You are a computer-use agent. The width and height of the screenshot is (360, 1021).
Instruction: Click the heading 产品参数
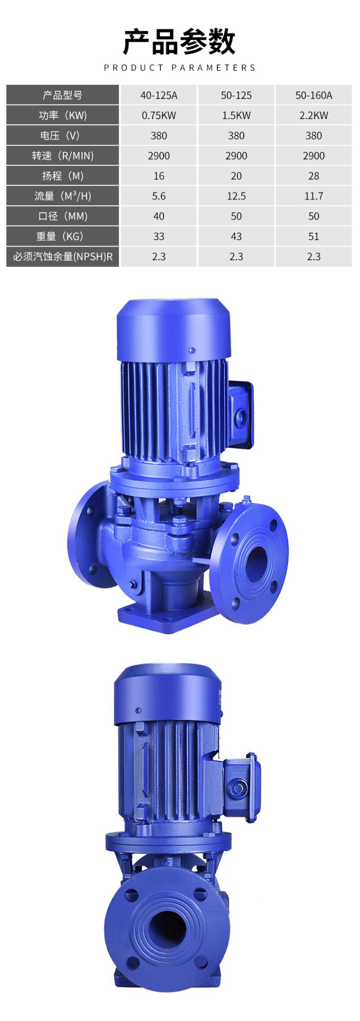click(180, 41)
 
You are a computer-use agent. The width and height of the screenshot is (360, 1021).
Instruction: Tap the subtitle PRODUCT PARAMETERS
click(180, 68)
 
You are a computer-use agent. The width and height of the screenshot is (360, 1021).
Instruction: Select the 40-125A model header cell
click(159, 95)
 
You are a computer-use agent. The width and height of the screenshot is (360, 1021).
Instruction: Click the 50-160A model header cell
click(314, 95)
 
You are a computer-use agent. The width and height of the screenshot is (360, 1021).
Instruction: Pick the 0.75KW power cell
click(159, 116)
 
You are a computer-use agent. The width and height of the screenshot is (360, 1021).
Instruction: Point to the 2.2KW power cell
click(314, 116)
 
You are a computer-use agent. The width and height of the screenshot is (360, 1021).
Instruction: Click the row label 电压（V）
click(60, 136)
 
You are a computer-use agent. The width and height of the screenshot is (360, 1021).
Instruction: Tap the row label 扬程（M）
click(63, 176)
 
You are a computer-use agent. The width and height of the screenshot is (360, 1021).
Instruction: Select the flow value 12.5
click(236, 196)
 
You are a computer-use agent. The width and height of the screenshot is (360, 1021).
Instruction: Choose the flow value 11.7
click(314, 196)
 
